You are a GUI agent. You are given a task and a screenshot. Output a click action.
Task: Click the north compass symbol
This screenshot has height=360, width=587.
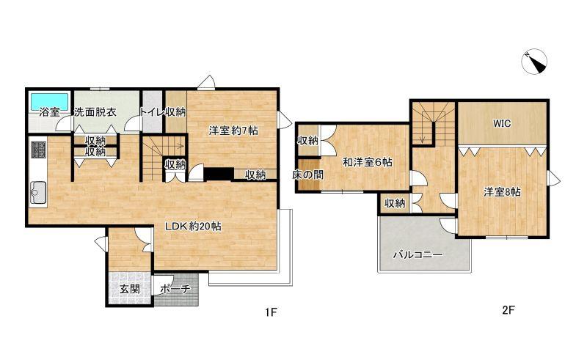point(535,62)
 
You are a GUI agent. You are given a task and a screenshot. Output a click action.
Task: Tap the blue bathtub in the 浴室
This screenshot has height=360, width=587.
point(49,101)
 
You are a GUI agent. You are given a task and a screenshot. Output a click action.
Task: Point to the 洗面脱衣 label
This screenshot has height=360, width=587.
point(95,112)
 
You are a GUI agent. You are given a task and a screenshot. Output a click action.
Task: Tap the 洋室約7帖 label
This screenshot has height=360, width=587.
point(233,131)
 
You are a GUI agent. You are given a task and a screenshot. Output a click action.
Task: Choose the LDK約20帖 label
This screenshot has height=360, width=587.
point(193,227)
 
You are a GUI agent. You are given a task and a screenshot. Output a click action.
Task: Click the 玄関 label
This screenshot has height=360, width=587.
point(130,289)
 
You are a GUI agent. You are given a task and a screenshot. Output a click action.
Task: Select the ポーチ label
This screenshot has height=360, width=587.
point(175,289)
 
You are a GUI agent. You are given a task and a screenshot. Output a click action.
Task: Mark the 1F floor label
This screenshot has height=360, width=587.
point(271,312)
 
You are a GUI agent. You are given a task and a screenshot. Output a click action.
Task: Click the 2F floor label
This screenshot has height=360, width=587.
point(508,310)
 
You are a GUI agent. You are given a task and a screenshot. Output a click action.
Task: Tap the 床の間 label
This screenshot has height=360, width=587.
point(307,175)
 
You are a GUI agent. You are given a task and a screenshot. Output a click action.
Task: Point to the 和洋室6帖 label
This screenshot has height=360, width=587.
point(368,163)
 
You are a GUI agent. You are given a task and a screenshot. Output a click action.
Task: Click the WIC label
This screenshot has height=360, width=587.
point(502,123)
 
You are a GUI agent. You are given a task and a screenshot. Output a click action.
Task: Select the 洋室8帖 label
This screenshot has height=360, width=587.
point(502,192)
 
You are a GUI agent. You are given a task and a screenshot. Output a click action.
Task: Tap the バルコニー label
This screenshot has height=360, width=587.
point(418,255)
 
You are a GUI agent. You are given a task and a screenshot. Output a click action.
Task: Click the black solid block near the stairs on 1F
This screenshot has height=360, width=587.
point(219,175)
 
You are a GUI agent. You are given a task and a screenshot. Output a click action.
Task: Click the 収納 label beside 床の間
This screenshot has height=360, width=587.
point(307,141)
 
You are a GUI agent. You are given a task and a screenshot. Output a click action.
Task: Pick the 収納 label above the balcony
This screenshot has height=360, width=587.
point(395,203)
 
